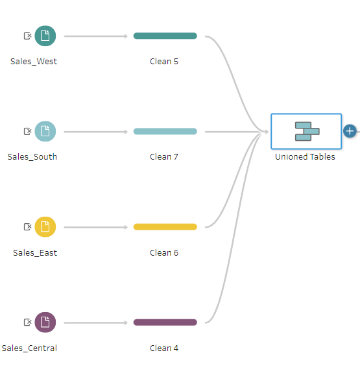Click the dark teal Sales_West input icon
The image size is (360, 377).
click(x=45, y=36)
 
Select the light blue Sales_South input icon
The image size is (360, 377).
click(x=45, y=131)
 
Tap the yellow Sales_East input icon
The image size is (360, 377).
click(x=45, y=226)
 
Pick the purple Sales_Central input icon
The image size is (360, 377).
click(x=45, y=322)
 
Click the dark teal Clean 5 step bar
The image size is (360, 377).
click(x=165, y=36)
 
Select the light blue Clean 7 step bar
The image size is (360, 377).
click(x=165, y=131)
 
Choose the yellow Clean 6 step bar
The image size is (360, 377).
click(x=165, y=226)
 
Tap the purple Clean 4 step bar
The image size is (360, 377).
click(x=165, y=322)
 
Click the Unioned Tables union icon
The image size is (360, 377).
click(x=307, y=131)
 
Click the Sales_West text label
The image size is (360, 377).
click(x=34, y=62)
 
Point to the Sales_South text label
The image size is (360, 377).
click(x=32, y=157)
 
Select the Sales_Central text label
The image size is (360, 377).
click(x=29, y=348)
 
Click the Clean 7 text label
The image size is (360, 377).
click(x=164, y=157)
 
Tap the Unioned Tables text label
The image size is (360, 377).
click(x=305, y=157)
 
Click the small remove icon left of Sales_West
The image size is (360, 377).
click(x=28, y=36)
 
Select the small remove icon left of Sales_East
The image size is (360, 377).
click(x=28, y=226)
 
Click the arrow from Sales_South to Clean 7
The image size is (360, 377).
click(x=95, y=132)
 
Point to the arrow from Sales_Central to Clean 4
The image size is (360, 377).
click(x=95, y=322)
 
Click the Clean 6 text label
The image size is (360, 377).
click(x=164, y=252)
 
